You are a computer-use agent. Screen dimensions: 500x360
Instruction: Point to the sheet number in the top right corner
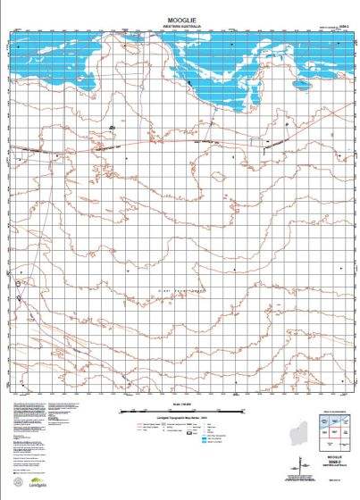[x=337, y=28]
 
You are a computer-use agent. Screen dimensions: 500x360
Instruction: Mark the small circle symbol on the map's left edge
[x=17, y=285]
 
